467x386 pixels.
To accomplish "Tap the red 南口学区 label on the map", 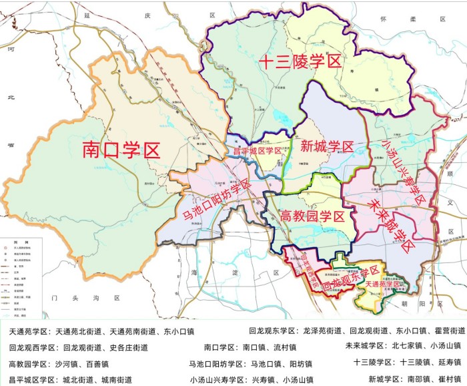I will click(121, 150).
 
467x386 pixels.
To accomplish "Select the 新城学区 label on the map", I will click(326, 146).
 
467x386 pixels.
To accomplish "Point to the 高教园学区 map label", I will click(313, 216).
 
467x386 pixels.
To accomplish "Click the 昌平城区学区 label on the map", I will click(257, 152).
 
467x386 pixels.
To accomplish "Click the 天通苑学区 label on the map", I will click(384, 284).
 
